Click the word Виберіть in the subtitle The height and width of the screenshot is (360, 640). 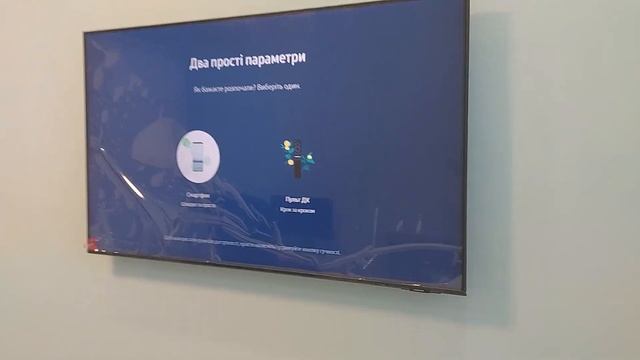267,88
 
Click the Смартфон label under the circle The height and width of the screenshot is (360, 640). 197,196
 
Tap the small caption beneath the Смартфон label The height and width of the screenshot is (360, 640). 198,204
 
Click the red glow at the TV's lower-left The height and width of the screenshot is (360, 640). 91,243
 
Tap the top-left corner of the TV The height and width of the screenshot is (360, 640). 84,31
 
